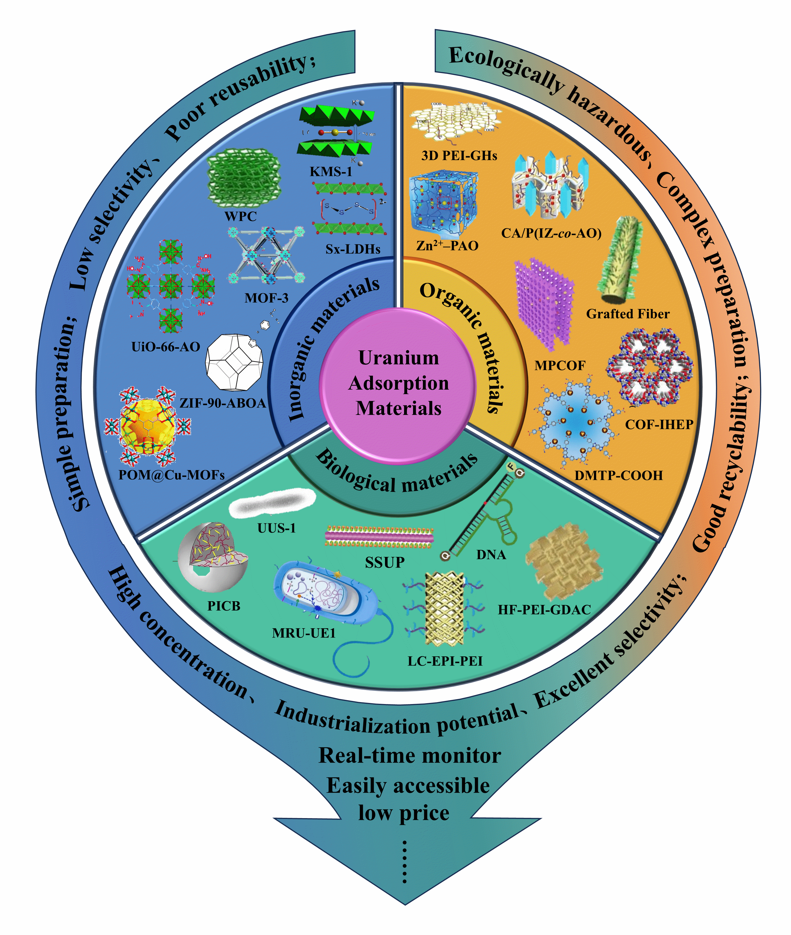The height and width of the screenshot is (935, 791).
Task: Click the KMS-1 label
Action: (331, 171)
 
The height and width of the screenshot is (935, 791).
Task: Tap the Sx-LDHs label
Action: (353, 249)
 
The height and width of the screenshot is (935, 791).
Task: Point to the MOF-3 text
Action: (266, 298)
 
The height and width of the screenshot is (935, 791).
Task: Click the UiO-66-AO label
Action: (165, 346)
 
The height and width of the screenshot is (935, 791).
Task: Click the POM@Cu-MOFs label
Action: (171, 475)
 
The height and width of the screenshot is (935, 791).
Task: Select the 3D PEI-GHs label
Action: (459, 156)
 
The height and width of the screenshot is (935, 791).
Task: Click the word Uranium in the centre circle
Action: (399, 358)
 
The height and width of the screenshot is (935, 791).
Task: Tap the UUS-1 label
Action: (276, 528)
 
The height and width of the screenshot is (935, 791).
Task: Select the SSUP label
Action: (385, 562)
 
